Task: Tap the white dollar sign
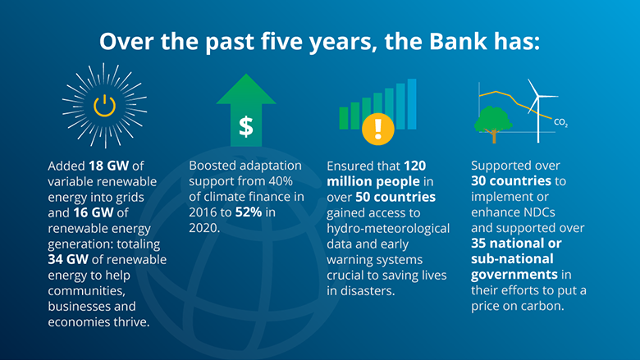click(x=245, y=126)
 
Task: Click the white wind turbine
click(x=537, y=107)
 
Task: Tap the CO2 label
click(x=561, y=123)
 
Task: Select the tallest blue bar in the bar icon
click(x=412, y=103)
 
